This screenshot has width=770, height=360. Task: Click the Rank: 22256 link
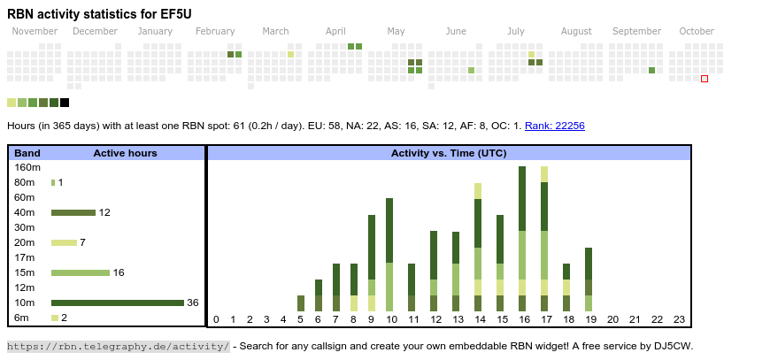tap(554, 126)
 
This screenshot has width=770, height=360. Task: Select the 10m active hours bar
tap(117, 303)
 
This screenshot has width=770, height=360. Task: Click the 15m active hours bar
tap(80, 272)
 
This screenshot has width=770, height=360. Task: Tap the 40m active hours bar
tap(73, 212)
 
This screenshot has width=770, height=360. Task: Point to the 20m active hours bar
tap(64, 242)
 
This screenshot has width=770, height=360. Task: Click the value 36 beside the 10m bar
tap(193, 303)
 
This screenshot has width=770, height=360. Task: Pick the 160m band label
tap(27, 167)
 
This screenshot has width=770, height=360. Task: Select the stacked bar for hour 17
tap(544, 239)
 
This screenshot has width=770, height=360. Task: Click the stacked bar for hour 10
tap(389, 255)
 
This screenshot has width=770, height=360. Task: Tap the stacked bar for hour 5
tap(301, 303)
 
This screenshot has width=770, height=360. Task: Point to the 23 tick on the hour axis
tap(680, 319)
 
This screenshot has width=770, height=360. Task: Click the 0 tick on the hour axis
tap(216, 319)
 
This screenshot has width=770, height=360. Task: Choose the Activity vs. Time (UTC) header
tap(449, 153)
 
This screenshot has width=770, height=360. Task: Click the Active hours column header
tap(125, 153)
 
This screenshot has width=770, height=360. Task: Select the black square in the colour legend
tap(65, 103)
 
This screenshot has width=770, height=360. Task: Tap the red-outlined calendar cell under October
tap(705, 79)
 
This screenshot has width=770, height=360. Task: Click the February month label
tap(215, 31)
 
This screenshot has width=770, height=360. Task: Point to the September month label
tap(636, 31)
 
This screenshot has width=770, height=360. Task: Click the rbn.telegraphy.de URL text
tap(119, 346)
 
